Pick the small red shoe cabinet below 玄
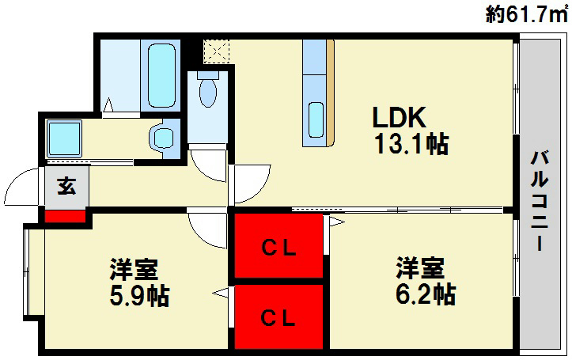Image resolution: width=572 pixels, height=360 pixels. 64,214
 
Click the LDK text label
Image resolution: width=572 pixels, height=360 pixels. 400,119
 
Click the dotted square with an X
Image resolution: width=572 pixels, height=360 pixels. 214,51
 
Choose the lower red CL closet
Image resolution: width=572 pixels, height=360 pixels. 278,318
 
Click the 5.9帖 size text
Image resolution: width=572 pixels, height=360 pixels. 139,297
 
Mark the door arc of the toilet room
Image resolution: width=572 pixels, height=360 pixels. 210,162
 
